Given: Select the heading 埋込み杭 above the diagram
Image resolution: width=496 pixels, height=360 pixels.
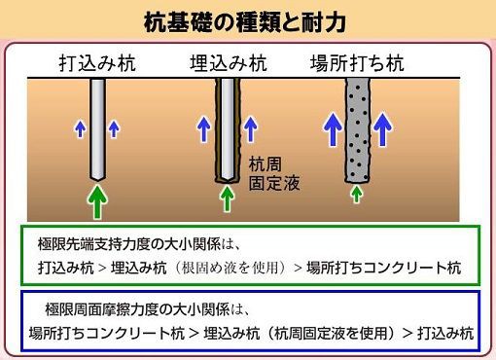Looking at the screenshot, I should pyautogui.click(x=227, y=64).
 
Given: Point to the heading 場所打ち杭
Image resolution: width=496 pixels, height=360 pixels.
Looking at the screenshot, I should pyautogui.click(x=358, y=64).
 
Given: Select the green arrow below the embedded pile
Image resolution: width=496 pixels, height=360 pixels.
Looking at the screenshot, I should pyautogui.click(x=227, y=198).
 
